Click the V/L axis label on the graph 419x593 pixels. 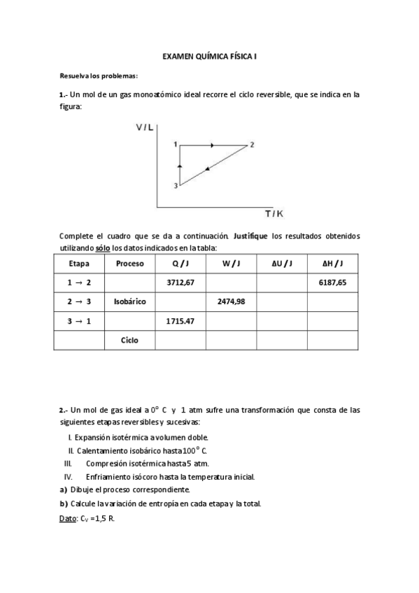(146, 127)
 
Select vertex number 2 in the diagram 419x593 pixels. (251, 145)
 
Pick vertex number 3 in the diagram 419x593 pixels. (176, 185)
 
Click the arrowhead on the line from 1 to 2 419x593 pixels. (212, 145)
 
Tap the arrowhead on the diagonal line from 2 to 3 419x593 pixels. (208, 169)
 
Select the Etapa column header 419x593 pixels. (79, 264)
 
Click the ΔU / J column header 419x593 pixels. (282, 264)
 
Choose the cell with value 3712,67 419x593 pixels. (180, 283)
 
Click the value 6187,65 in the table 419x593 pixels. (332, 283)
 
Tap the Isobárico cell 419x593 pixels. (129, 302)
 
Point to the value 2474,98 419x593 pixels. (231, 302)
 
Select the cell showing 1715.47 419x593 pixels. (180, 321)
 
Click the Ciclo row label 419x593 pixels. (129, 341)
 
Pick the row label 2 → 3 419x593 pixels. (79, 302)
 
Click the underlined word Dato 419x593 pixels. (68, 520)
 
